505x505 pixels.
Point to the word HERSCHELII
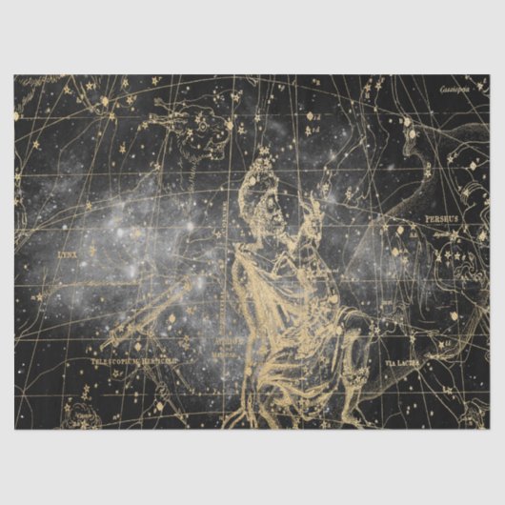(x=161, y=362)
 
